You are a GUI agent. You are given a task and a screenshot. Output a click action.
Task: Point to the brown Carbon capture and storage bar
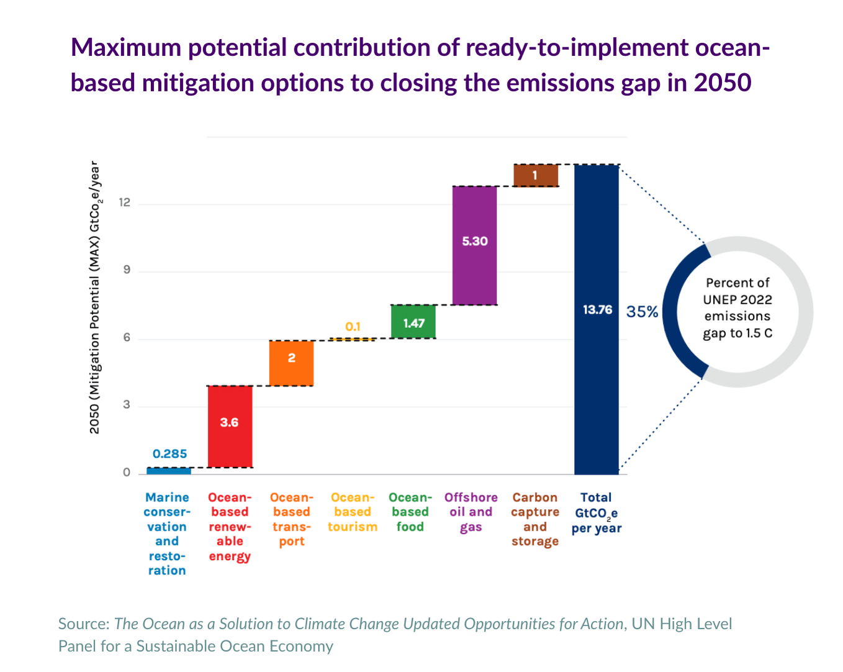coord(536,175)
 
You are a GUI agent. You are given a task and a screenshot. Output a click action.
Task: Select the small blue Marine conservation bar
coord(169,471)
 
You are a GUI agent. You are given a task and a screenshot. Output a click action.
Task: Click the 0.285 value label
coord(169,454)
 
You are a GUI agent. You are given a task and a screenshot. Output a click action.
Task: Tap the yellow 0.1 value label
coord(353,327)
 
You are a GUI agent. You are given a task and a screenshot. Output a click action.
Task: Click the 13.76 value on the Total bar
coord(597,309)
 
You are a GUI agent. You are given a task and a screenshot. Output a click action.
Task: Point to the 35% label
coord(642,312)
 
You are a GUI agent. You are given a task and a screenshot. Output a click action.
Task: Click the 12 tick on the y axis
coord(125,202)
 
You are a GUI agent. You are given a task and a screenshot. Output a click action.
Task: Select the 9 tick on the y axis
coord(127,270)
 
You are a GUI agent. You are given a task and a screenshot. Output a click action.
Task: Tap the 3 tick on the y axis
coord(127,405)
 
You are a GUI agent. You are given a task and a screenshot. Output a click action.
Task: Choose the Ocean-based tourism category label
coord(353,512)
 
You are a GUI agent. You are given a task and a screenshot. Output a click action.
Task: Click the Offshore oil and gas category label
coord(471,512)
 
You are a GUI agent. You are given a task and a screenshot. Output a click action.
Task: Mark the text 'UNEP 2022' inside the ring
coord(737,299)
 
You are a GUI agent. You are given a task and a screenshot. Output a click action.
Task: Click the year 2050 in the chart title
coord(722,83)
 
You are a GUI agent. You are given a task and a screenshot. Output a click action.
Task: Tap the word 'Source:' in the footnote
coord(84,624)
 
